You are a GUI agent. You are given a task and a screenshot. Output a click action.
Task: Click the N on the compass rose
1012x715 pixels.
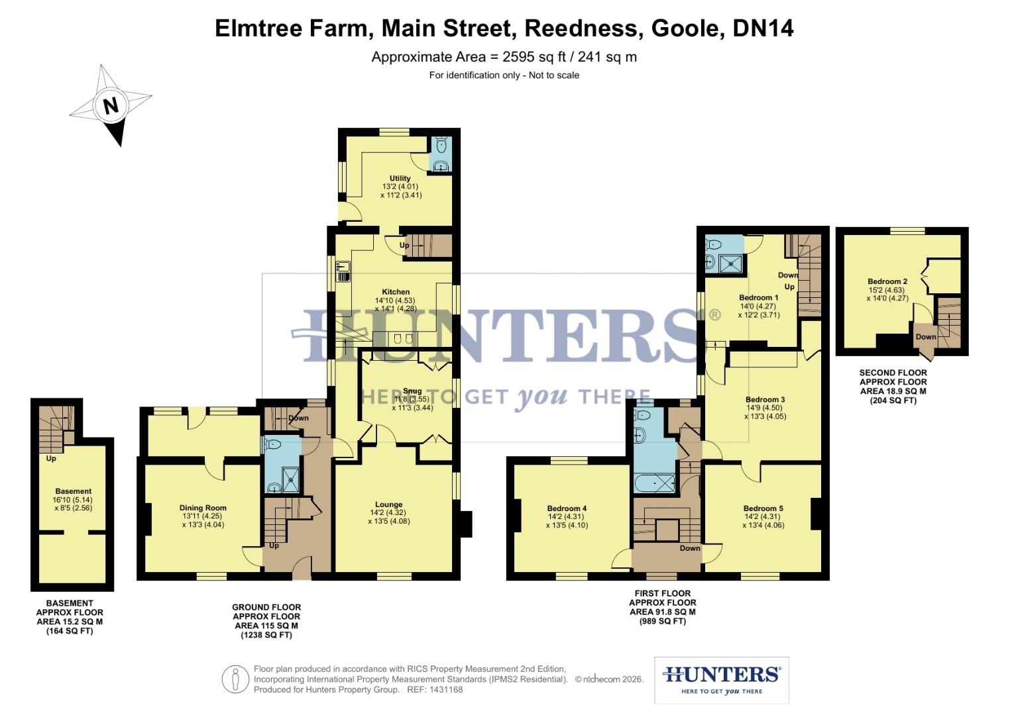click(x=111, y=106)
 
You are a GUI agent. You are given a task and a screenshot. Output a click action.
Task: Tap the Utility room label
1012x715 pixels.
click(x=400, y=178)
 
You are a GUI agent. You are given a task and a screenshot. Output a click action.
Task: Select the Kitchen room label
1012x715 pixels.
click(x=396, y=292)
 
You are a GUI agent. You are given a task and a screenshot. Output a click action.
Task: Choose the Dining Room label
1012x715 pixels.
click(x=203, y=508)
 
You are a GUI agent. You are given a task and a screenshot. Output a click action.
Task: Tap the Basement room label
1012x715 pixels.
click(x=73, y=491)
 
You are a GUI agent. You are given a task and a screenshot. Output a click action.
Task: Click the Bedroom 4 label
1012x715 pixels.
click(x=567, y=508)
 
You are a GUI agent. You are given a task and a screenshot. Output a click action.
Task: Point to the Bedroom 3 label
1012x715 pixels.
click(x=765, y=400)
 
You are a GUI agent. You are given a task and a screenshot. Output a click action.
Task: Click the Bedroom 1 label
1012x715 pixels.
click(x=759, y=298)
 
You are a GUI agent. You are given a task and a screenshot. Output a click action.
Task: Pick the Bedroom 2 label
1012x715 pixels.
click(x=887, y=281)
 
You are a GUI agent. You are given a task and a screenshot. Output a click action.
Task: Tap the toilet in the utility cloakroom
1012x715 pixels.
click(x=441, y=144)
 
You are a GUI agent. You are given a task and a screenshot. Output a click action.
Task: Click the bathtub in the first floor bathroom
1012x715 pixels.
click(x=655, y=483)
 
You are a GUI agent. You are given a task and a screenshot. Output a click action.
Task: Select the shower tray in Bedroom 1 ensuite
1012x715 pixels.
click(x=732, y=263)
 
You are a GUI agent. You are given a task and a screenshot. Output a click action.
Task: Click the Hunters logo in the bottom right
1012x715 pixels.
click(x=721, y=680)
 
